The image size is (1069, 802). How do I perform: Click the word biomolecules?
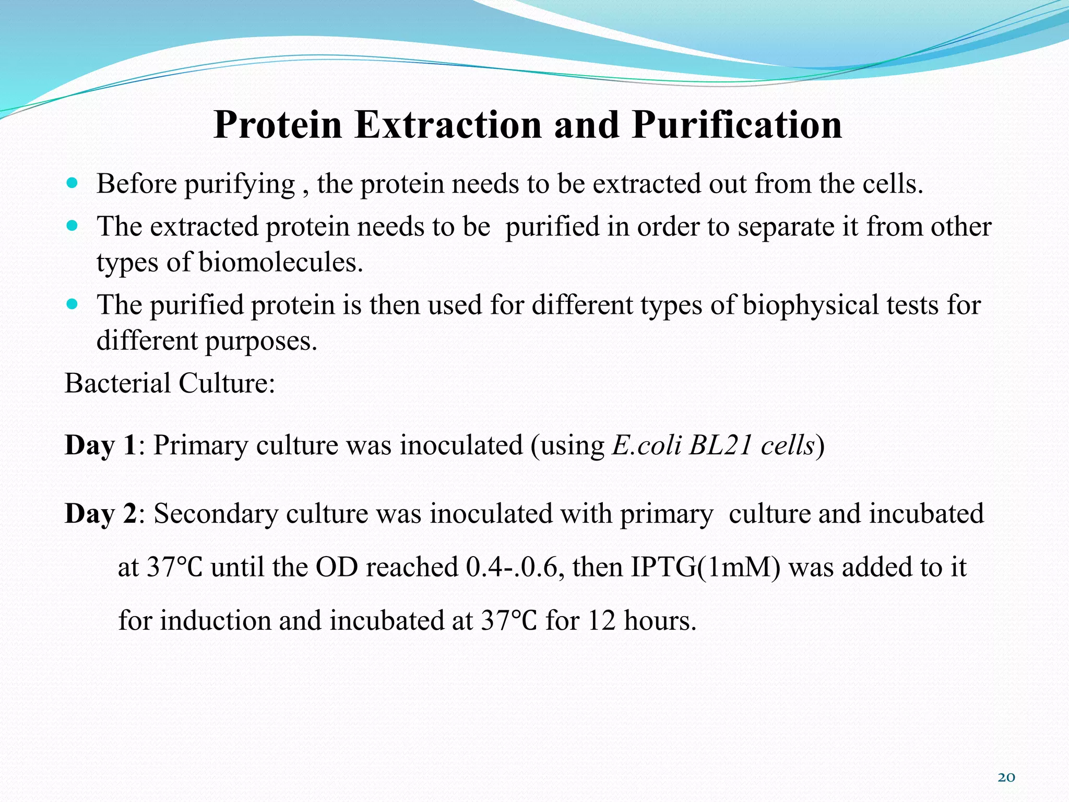[280, 262]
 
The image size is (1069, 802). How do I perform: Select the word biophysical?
[810, 305]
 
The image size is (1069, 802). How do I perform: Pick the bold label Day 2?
[100, 514]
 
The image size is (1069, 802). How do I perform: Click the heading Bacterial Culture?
[170, 383]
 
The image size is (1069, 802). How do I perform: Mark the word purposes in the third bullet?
[260, 341]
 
